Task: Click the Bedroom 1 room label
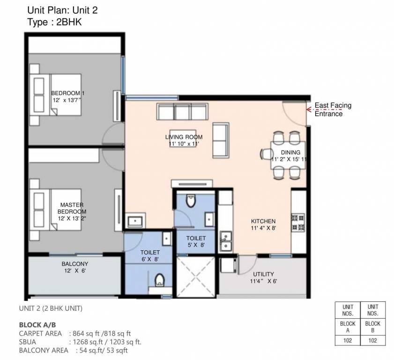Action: pos(67,93)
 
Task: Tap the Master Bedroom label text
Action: pos(72,208)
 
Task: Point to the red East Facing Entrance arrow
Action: pos(309,109)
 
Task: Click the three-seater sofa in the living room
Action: pos(182,112)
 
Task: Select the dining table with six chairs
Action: pos(285,154)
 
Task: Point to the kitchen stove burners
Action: pos(298,223)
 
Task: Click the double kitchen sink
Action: pos(226,240)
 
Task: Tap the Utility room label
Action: pos(263,274)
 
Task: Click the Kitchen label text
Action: pos(263,221)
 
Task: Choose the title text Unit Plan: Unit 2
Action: pos(62,9)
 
